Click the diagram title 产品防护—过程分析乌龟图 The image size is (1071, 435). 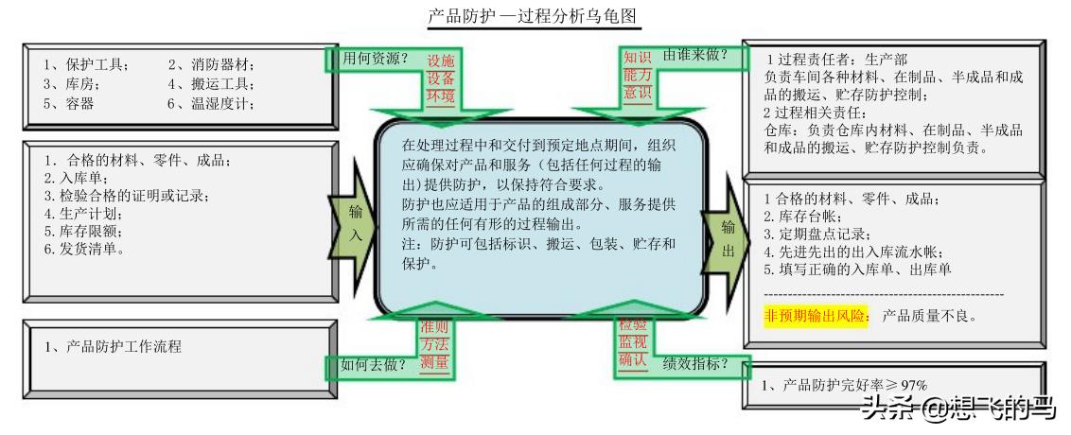click(x=535, y=15)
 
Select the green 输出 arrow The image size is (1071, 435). click(x=726, y=229)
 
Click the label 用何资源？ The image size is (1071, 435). click(x=375, y=58)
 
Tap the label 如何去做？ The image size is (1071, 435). click(x=373, y=365)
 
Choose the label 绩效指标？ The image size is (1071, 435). click(x=695, y=363)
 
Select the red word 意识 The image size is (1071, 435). click(x=637, y=92)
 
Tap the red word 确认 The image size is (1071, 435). click(x=633, y=359)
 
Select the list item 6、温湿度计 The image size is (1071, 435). click(x=211, y=104)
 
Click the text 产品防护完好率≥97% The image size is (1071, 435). click(x=844, y=385)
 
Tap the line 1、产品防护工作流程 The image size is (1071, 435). click(x=114, y=346)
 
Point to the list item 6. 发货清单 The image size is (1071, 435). click(x=85, y=250)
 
